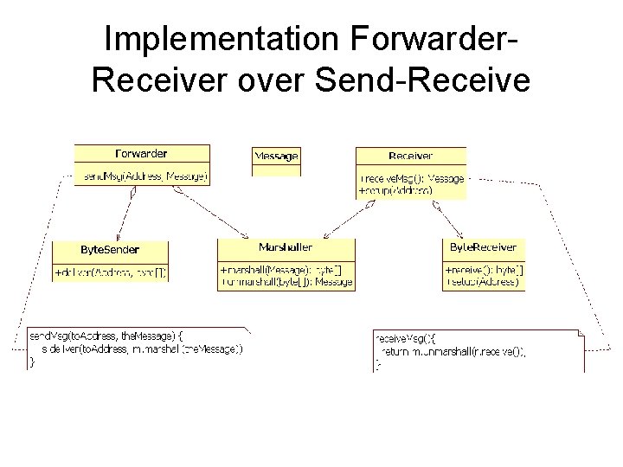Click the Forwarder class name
[141, 154]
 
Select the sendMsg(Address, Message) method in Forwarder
[144, 176]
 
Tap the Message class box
[276, 157]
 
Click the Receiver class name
[410, 156]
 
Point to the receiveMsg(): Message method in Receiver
[412, 178]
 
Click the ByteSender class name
[110, 249]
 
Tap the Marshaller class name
[286, 247]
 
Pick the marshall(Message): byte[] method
[280, 271]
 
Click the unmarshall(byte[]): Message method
[286, 282]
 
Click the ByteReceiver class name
[483, 247]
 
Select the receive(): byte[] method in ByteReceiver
[484, 271]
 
